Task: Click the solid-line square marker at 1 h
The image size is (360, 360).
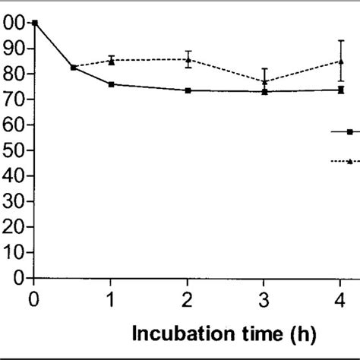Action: (111, 84)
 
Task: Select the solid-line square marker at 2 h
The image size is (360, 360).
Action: (188, 90)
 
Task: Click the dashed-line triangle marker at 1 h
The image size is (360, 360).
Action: (111, 62)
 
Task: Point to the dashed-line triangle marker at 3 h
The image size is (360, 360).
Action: (264, 81)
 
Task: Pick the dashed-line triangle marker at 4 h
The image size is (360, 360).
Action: (341, 62)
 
